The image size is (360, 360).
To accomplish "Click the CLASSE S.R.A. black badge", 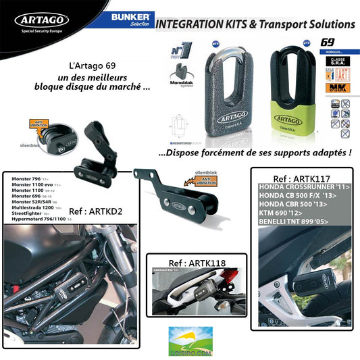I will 328,63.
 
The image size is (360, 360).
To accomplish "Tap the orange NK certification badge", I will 328,87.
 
